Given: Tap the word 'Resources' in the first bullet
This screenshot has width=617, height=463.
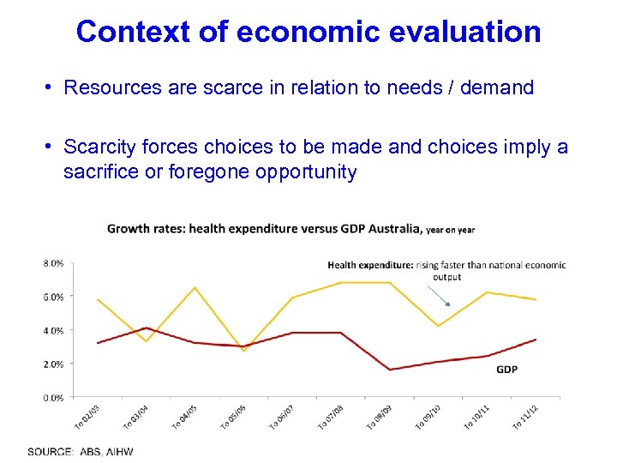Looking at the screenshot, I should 105,87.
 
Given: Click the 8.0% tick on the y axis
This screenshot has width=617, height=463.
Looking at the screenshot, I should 52,263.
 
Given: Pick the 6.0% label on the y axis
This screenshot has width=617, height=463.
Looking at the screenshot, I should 52,297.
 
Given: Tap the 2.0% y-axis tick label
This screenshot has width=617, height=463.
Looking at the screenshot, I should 52,364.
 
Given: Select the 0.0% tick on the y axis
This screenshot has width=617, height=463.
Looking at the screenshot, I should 52,398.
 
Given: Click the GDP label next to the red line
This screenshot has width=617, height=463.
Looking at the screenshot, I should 506,370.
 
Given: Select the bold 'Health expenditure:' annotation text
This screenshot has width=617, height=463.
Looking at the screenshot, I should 370,266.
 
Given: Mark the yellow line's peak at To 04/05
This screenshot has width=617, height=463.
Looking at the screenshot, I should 195,287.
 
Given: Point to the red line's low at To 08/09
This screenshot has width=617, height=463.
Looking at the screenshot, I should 390,370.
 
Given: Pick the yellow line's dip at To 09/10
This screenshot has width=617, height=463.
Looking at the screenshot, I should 438,326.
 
